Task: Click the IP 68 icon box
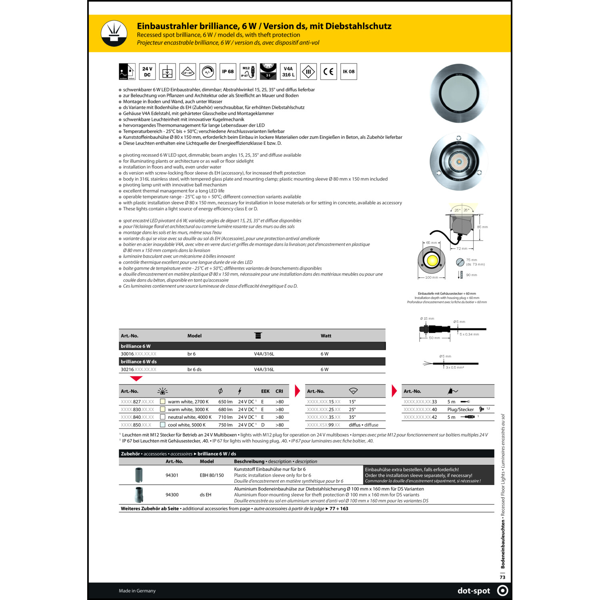tap(228, 72)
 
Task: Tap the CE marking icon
tap(328, 72)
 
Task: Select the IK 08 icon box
tap(348, 72)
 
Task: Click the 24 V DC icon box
tap(147, 72)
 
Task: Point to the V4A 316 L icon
tap(288, 72)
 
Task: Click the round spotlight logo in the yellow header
tap(114, 33)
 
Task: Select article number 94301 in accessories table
tap(172, 475)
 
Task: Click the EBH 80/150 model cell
tap(212, 475)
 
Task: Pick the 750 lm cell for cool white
tap(225, 425)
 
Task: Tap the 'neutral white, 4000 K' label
tap(190, 417)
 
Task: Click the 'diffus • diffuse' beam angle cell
tap(363, 425)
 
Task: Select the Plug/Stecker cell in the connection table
tap(460, 410)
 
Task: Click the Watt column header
tap(326, 336)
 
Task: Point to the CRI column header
tap(279, 391)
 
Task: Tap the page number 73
tap(502, 577)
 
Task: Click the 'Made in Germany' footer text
tap(137, 591)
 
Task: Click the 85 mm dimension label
tap(482, 227)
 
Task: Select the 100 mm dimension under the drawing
tap(432, 277)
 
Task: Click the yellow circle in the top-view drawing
tap(432, 260)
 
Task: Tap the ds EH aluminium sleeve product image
tap(139, 495)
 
